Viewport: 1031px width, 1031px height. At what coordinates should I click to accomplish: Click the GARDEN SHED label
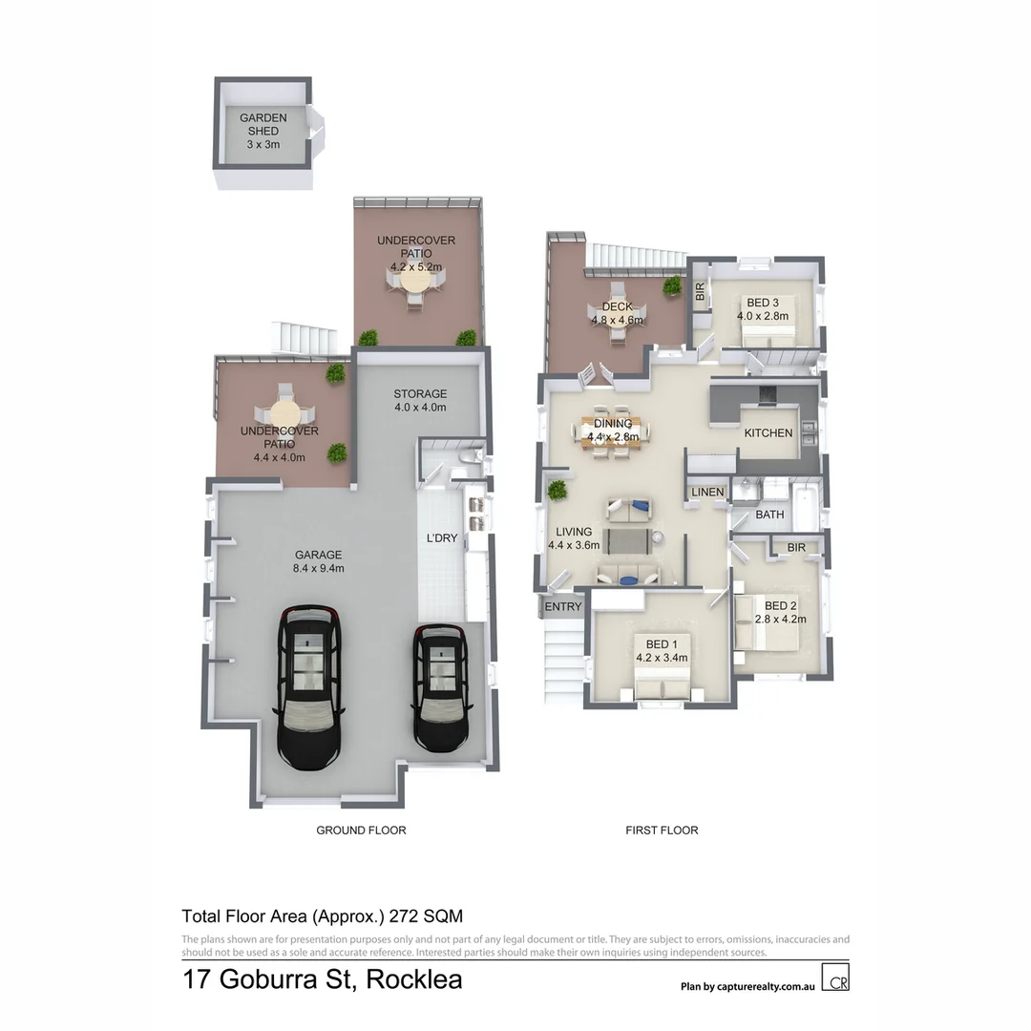[263, 124]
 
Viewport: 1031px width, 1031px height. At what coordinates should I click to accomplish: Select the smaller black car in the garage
[440, 687]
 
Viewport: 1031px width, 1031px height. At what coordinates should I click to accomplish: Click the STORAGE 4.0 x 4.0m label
[420, 400]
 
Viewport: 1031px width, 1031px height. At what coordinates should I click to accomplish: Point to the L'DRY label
[442, 538]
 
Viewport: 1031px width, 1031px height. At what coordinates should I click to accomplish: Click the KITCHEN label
[768, 432]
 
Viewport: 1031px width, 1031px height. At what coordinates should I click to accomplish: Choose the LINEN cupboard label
[708, 492]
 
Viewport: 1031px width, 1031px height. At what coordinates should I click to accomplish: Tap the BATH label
[769, 515]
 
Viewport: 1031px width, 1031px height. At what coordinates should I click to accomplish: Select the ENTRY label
[563, 606]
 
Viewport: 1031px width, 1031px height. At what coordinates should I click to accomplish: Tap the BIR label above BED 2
[796, 547]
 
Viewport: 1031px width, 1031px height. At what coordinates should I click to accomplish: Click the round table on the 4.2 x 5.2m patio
[415, 284]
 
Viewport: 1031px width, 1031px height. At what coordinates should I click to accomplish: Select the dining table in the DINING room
[617, 437]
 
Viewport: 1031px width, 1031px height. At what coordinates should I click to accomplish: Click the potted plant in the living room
[557, 491]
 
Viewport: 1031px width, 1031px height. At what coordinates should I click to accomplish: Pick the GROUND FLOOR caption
[361, 831]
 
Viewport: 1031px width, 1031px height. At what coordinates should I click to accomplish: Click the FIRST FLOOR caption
[662, 831]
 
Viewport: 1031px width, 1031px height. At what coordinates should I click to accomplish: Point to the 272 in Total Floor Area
[406, 916]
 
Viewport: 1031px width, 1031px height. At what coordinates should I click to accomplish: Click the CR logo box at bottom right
[837, 980]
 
